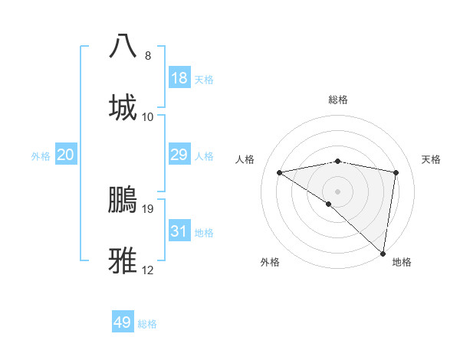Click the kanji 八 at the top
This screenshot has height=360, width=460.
(123, 46)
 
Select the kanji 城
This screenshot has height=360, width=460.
(123, 107)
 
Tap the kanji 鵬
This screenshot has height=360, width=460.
(123, 199)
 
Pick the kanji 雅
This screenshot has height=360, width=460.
(123, 260)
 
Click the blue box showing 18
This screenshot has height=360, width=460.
(179, 78)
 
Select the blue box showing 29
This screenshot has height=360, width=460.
(179, 155)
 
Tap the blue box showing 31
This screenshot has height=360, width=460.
(179, 231)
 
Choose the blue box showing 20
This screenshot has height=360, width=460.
(66, 155)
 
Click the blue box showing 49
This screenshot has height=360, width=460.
(123, 322)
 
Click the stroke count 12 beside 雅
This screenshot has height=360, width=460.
(148, 270)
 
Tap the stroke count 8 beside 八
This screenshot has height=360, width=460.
(148, 55)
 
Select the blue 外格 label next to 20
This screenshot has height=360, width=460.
(41, 155)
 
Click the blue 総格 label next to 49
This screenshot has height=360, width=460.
(147, 324)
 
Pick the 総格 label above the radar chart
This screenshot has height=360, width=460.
(338, 100)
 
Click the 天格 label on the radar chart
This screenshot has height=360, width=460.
(432, 159)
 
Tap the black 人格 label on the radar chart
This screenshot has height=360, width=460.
(245, 159)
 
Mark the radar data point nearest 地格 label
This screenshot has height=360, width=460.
(383, 254)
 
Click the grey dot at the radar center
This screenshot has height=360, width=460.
(338, 190)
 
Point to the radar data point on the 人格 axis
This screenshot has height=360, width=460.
(280, 172)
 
